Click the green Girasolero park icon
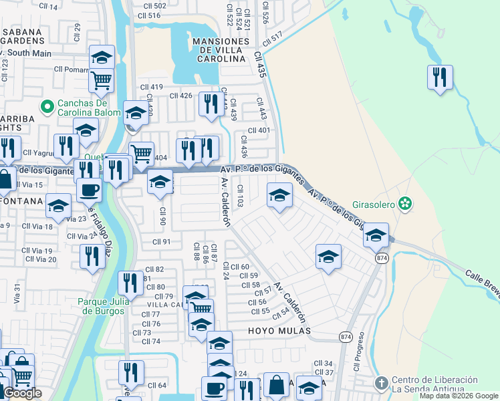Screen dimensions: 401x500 (x=404, y=203)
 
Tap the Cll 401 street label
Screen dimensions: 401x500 (x=259, y=130)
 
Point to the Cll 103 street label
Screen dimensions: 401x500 (x=239, y=197)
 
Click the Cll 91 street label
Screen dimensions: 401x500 (x=162, y=242)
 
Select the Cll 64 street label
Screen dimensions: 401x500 (x=157, y=385)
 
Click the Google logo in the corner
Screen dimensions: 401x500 (x=22, y=393)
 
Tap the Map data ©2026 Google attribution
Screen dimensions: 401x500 (x=458, y=396)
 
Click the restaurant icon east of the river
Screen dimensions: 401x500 (x=440, y=77)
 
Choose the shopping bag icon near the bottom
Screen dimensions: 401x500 (x=275, y=386)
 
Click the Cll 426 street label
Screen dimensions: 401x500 (x=181, y=96)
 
